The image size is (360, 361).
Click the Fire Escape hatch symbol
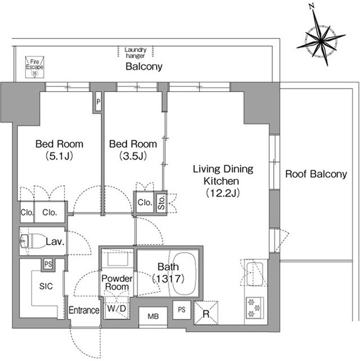pos(34,67)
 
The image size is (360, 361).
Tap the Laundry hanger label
pos(135,52)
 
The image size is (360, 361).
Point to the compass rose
pos(321,41)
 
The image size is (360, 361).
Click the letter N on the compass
pos(312,7)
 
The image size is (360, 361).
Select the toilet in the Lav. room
pos(33,241)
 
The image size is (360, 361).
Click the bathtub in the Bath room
pos(184,274)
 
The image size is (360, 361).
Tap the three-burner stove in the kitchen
pos(255,308)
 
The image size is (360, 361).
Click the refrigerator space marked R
pos(206,313)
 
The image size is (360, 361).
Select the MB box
pos(153,316)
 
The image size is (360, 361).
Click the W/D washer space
pos(117,308)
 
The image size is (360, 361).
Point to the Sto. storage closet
pos(162,202)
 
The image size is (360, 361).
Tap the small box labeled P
pos(99,102)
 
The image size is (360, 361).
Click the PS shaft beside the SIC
pos(48,264)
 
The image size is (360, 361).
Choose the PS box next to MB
pos(181,310)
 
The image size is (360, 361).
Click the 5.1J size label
pos(59,156)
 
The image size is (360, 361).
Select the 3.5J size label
pos(133,156)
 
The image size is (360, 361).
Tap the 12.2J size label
pos(223,193)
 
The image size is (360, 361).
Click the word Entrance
pos(84,310)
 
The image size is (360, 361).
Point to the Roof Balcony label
pos(316,174)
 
